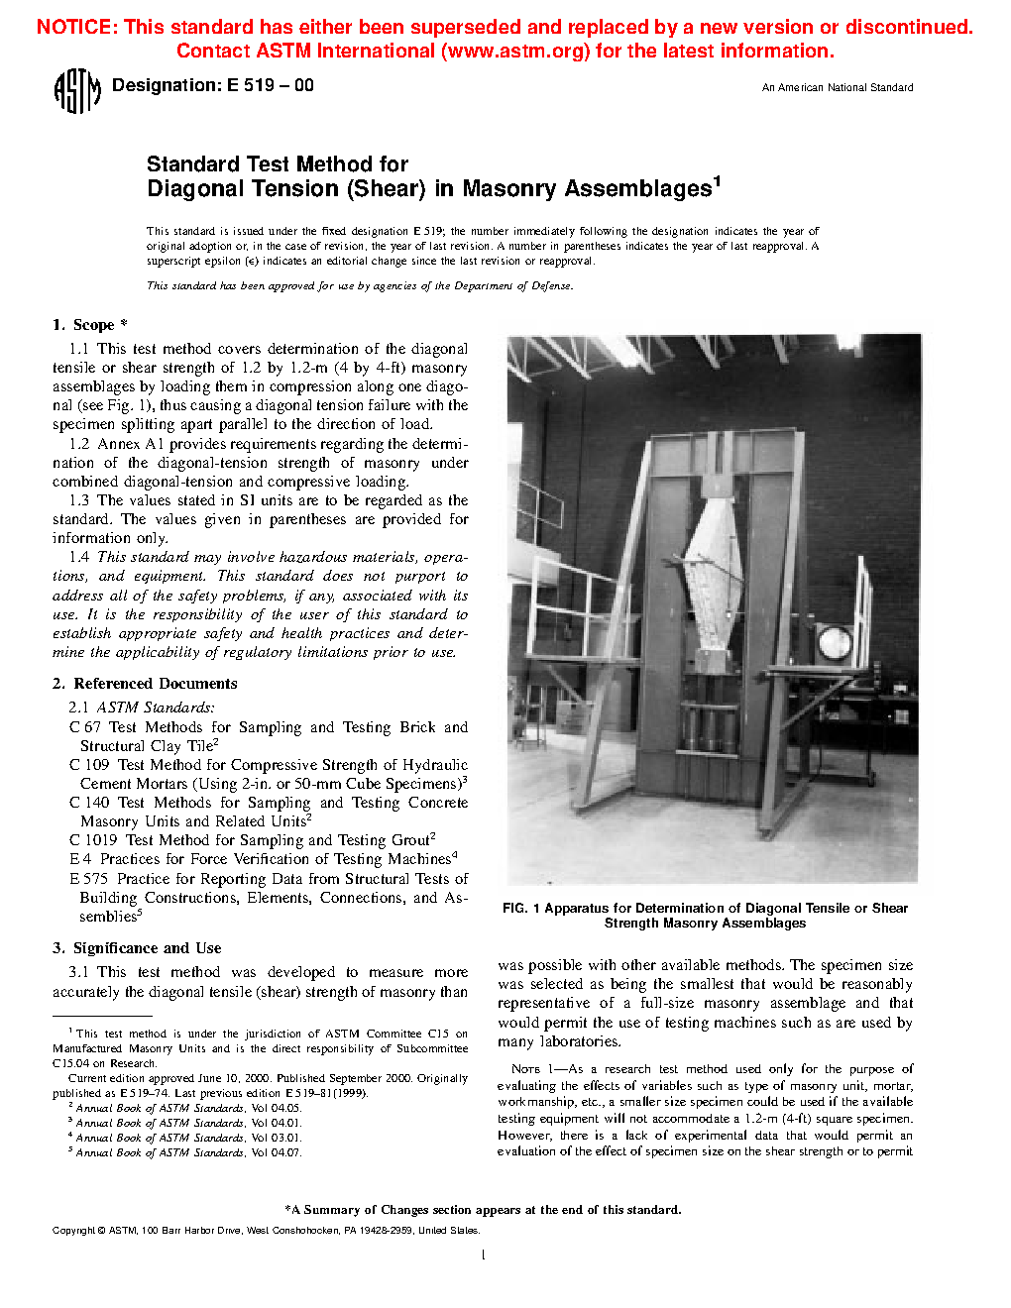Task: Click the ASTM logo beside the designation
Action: (76, 91)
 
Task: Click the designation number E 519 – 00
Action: (270, 85)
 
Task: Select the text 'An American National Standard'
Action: (838, 87)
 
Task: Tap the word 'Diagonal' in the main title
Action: (193, 188)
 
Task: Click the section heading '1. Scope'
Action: (89, 325)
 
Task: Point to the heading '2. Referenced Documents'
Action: (145, 684)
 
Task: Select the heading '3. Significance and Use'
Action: (137, 948)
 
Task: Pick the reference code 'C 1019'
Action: (93, 840)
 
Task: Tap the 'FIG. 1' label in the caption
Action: (520, 908)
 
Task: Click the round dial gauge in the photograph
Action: (834, 644)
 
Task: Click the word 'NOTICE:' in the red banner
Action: (77, 27)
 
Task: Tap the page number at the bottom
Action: (483, 1255)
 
